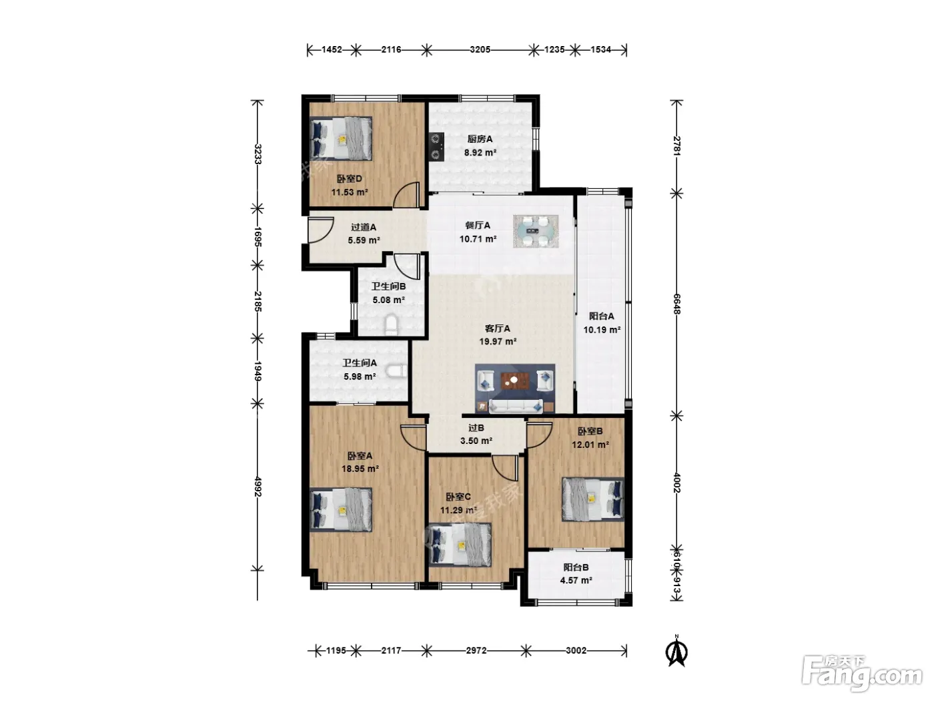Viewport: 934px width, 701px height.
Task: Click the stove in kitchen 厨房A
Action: point(436,146)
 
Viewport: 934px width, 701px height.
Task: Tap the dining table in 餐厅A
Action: point(536,231)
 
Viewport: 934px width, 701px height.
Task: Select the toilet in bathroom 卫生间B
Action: point(391,325)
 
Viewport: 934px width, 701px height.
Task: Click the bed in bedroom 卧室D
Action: point(341,139)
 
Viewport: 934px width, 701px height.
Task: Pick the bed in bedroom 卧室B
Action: point(593,499)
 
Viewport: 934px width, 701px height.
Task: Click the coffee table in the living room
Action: point(514,380)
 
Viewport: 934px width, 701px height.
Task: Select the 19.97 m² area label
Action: point(498,341)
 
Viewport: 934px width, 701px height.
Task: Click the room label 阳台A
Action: point(601,316)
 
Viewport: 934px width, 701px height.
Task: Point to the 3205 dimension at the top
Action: point(480,50)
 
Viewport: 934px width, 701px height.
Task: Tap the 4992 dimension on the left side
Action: point(258,486)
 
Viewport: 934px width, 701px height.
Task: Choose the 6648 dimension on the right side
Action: point(676,304)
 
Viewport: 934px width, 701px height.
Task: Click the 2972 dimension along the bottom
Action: point(476,650)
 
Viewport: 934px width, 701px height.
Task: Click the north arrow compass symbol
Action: point(676,650)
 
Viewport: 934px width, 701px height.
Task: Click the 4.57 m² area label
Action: point(576,580)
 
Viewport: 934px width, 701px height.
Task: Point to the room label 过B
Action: point(476,428)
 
